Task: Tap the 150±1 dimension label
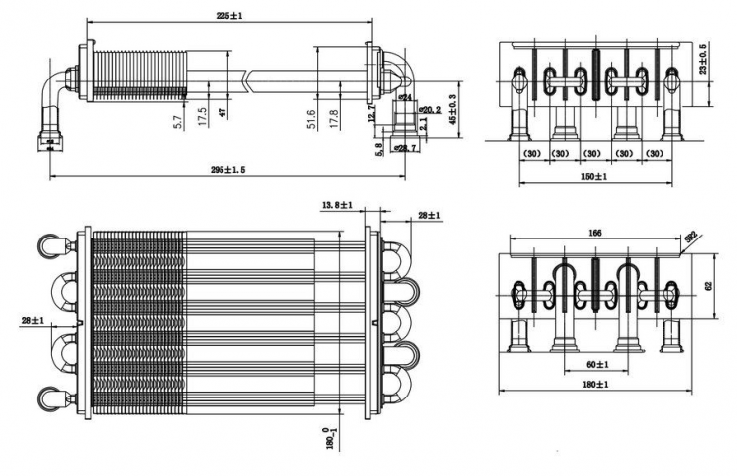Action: (x=594, y=176)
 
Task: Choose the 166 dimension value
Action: (x=593, y=232)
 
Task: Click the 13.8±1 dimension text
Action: (x=337, y=205)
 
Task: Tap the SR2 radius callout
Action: (x=690, y=238)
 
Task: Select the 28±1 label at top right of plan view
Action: (x=430, y=216)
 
